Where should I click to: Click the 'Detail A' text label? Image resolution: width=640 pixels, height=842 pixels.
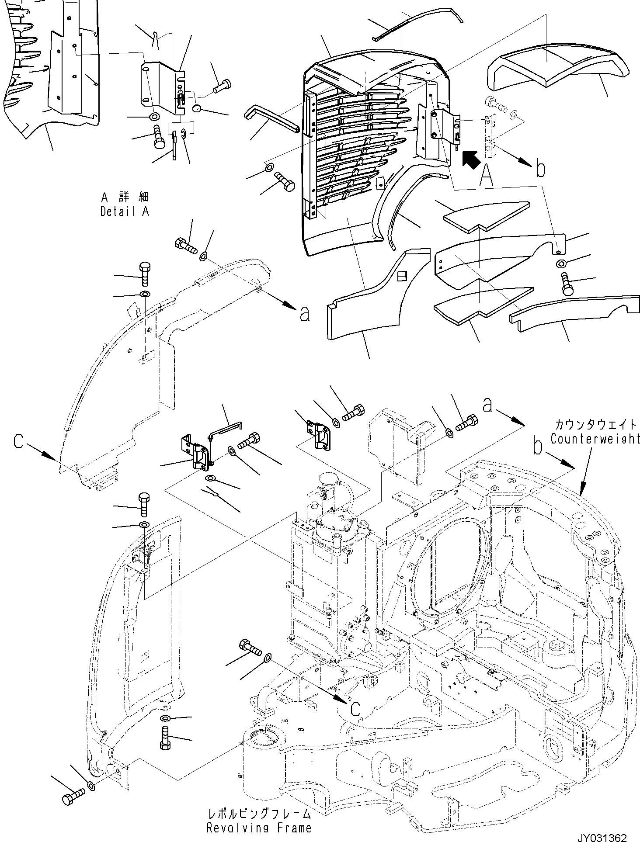point(125,211)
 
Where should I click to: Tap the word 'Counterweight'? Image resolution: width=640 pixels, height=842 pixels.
point(595,439)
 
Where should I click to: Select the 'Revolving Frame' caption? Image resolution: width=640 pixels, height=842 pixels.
point(259,828)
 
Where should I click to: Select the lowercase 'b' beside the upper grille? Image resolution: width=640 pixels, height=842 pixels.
point(540,169)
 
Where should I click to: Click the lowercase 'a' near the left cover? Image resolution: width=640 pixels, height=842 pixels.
point(305,314)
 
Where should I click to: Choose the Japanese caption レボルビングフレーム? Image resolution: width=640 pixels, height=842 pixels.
point(259,814)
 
